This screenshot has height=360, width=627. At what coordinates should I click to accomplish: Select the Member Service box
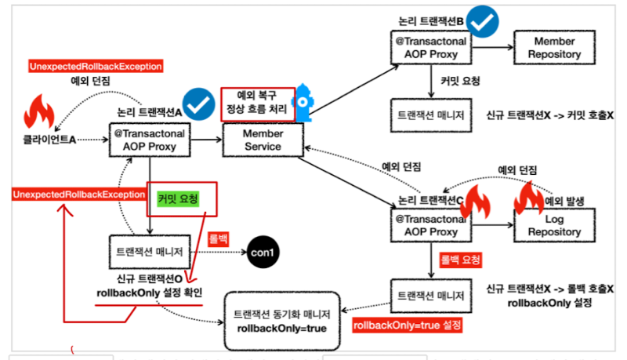pyautogui.click(x=263, y=140)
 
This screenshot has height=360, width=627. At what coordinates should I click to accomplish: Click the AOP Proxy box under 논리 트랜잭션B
pyautogui.click(x=431, y=48)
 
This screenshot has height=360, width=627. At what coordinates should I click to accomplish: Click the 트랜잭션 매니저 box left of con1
pyautogui.click(x=148, y=253)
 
